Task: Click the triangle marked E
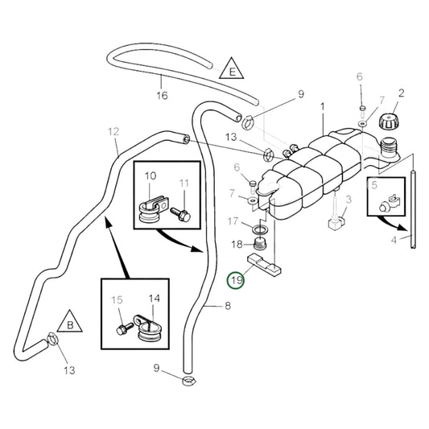[232, 69]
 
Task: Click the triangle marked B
[70, 322]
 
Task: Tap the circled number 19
[236, 280]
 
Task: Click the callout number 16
[162, 96]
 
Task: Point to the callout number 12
[113, 132]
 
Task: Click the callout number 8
[228, 306]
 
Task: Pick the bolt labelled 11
[181, 214]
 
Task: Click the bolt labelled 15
[125, 328]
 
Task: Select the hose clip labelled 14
[146, 328]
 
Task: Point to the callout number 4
[394, 240]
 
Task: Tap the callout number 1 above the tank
[323, 107]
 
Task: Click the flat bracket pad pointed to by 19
[264, 265]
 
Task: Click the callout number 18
[237, 244]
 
